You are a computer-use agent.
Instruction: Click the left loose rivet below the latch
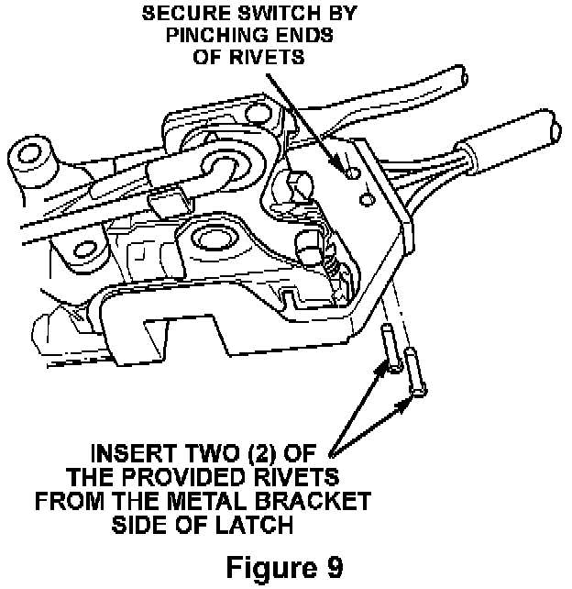pyautogui.click(x=389, y=348)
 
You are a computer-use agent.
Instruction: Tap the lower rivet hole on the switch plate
pyautogui.click(x=367, y=197)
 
